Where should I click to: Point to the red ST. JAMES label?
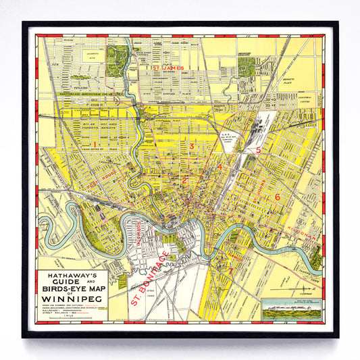pos(168,68)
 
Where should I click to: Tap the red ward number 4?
pos(220,167)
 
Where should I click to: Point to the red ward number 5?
pos(258,151)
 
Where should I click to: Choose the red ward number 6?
pos(277,197)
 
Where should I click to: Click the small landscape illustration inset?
pos(287,308)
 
